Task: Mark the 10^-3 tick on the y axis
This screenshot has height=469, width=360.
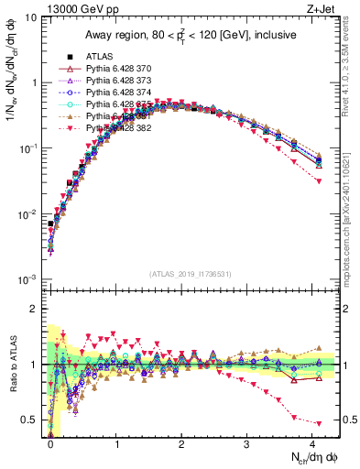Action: click(27, 278)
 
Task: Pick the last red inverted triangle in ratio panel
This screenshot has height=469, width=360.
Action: click(319, 423)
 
